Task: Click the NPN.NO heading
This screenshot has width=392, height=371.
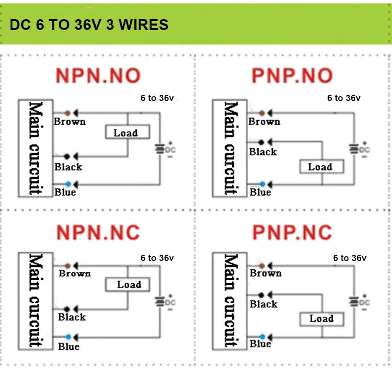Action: (x=98, y=76)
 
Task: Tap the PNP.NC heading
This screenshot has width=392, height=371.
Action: (x=292, y=233)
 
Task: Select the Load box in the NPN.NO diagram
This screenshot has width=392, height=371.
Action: (x=127, y=132)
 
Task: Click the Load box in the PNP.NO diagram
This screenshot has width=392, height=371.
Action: (x=322, y=166)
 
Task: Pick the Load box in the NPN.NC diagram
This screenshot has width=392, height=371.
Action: (x=127, y=284)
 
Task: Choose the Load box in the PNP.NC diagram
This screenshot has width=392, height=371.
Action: (x=322, y=319)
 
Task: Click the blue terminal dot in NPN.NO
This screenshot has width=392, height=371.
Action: (x=68, y=185)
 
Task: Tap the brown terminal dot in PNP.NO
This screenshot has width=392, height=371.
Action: (x=262, y=113)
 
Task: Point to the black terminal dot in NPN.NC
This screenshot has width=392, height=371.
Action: (x=67, y=309)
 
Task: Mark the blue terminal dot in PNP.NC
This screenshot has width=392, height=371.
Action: (x=262, y=337)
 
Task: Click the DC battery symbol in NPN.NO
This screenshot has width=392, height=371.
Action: (x=160, y=149)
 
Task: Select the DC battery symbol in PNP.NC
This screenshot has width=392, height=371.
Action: (x=354, y=302)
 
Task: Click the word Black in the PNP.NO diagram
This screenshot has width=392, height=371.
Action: (x=263, y=152)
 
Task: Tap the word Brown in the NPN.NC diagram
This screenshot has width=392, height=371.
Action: (x=75, y=273)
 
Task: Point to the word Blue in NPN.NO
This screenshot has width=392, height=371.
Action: (x=65, y=192)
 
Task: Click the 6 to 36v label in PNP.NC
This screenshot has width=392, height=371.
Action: (x=349, y=258)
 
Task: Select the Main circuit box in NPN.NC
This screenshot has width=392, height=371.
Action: (x=35, y=301)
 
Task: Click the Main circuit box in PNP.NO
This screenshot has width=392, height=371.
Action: (x=230, y=149)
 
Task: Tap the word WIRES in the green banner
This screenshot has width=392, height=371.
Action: (x=144, y=25)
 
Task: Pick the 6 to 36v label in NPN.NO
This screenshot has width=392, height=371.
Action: (x=157, y=98)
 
